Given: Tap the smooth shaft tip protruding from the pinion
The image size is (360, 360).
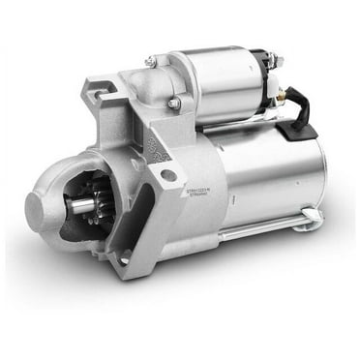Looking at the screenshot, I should point(75,206).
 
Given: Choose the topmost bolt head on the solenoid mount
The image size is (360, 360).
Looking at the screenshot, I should point(151,62).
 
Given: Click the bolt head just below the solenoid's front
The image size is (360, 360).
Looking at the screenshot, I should point(174,103).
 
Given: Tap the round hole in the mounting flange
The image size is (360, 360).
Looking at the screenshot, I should point(167,175).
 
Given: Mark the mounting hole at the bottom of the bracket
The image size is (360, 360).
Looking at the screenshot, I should point(125,258).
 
